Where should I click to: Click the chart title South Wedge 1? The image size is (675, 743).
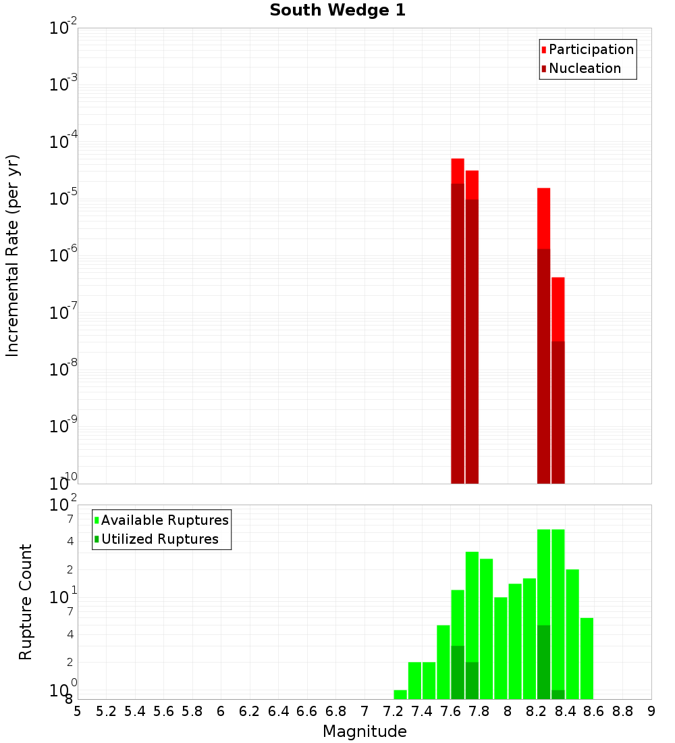[x=337, y=11]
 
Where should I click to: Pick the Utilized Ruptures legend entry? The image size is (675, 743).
[x=159, y=539]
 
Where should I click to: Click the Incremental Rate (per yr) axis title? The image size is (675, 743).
[x=13, y=256]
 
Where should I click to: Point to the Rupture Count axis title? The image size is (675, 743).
[x=26, y=602]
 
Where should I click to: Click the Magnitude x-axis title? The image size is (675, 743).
[x=364, y=732]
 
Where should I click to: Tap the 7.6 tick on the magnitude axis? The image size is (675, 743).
[x=450, y=711]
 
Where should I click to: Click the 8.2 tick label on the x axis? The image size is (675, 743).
[x=537, y=711]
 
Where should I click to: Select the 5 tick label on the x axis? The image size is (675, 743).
[x=78, y=711]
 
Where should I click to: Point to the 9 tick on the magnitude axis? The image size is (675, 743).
[x=651, y=711]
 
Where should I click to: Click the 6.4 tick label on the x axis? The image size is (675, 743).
[x=278, y=711]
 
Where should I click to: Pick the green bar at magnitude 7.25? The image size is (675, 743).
[x=400, y=694]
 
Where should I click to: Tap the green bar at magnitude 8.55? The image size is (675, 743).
[x=587, y=659]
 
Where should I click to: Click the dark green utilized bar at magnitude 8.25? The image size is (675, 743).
[x=544, y=662]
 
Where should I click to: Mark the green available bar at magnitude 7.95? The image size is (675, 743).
[x=501, y=648]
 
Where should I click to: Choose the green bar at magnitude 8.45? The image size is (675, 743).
[x=572, y=634]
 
